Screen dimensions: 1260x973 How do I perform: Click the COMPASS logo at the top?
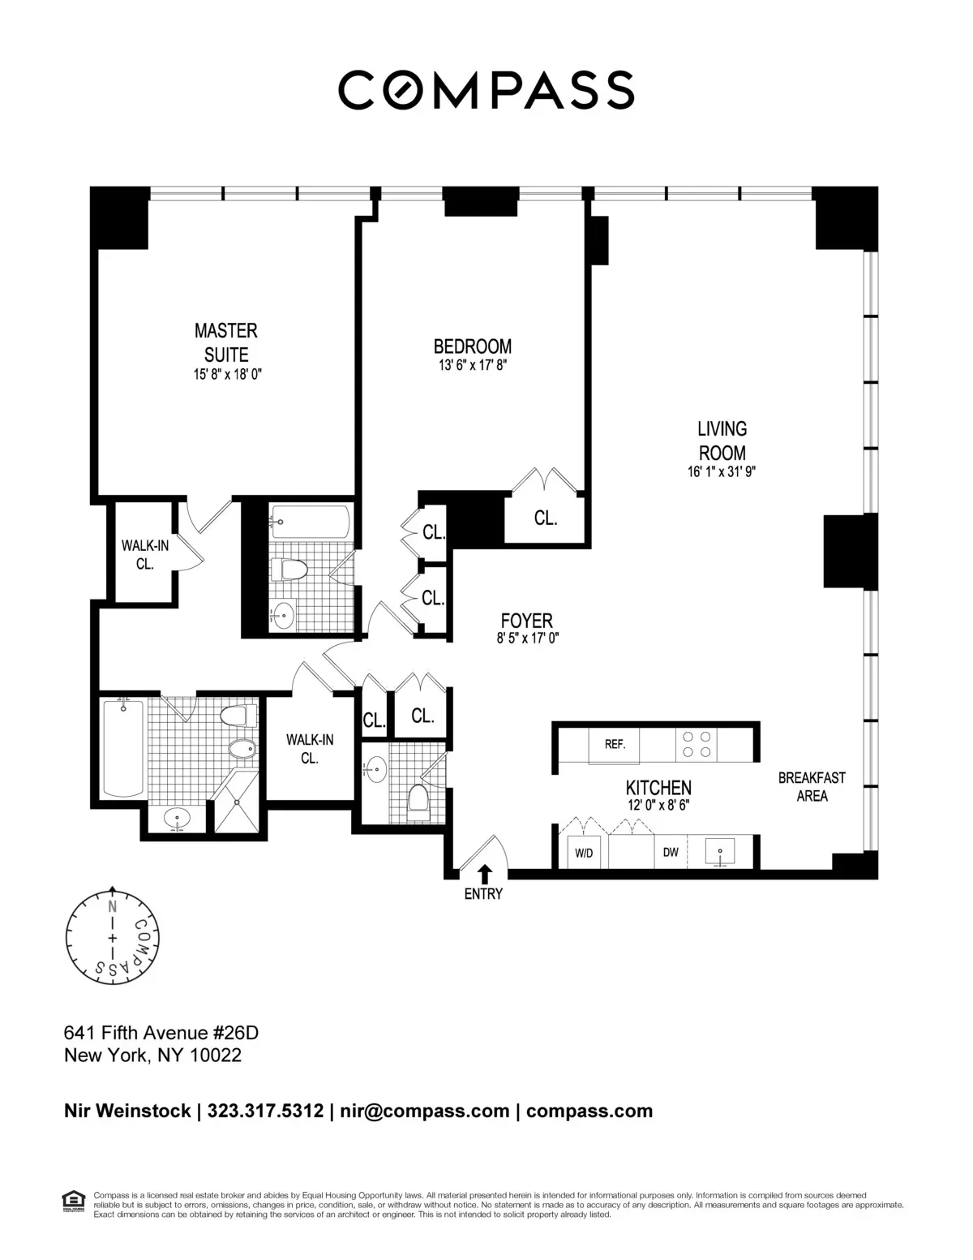(x=486, y=89)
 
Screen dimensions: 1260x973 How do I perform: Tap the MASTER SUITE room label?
(x=225, y=342)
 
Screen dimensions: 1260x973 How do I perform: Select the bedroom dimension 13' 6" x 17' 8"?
(x=473, y=365)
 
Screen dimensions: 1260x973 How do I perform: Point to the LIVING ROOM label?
(x=722, y=441)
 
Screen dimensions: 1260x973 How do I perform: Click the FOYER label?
(x=527, y=621)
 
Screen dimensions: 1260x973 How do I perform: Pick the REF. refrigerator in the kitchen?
(x=615, y=744)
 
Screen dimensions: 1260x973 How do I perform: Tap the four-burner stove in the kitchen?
(x=697, y=744)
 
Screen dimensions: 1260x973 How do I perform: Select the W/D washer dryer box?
(x=584, y=853)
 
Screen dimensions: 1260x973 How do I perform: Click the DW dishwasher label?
(x=671, y=853)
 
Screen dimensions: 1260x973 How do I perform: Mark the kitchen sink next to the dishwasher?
(x=720, y=853)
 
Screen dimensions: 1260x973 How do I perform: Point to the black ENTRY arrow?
(x=484, y=873)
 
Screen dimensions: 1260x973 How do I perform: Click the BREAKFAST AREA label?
(x=812, y=786)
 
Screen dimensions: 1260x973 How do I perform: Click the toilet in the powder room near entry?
(x=418, y=798)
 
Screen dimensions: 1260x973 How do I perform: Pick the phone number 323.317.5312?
(x=266, y=1111)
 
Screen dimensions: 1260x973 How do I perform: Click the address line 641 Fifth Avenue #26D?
(x=161, y=1033)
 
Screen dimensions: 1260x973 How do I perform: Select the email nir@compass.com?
(x=424, y=1111)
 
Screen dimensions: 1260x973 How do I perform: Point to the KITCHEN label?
(x=658, y=787)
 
